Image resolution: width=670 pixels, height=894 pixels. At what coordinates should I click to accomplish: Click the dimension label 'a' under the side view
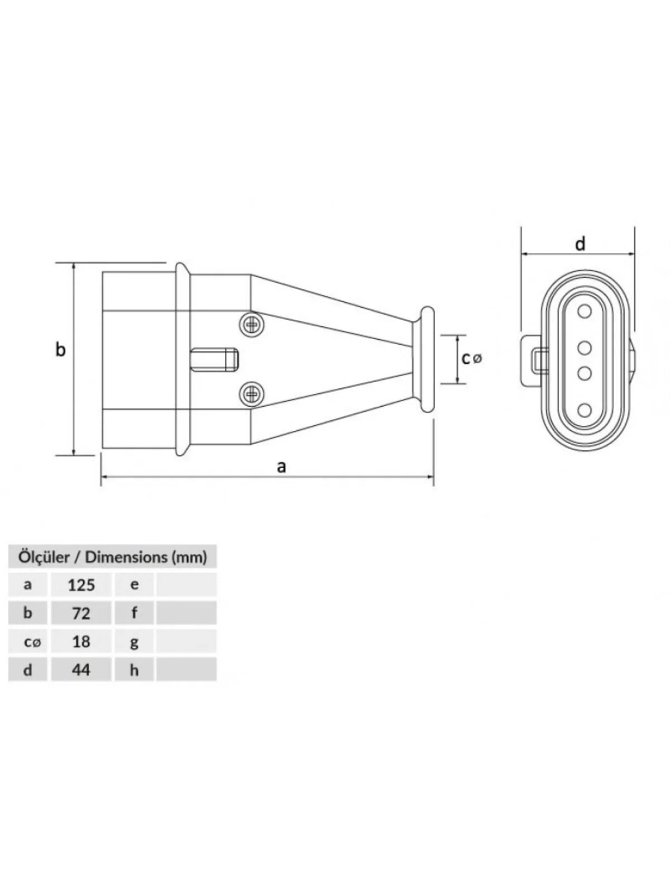click(281, 467)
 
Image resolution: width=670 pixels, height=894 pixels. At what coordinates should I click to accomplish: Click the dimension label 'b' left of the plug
click(60, 349)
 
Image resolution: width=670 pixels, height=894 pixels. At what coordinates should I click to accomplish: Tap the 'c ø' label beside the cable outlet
click(471, 358)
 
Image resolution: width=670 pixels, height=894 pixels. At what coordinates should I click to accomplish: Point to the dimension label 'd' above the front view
click(580, 244)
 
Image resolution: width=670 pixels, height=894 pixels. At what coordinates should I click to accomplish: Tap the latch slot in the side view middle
click(214, 360)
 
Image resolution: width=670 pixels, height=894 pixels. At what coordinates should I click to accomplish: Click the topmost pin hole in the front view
click(584, 312)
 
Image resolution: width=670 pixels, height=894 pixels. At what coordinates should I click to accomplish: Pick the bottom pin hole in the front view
click(584, 410)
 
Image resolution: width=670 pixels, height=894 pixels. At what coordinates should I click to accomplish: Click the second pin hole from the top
click(584, 348)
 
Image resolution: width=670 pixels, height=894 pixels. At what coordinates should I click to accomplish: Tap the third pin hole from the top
click(584, 373)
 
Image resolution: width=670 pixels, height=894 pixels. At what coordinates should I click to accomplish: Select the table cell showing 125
click(81, 585)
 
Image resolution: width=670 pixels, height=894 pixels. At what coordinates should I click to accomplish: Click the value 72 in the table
click(81, 613)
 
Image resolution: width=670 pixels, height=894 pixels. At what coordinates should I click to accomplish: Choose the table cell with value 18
click(81, 641)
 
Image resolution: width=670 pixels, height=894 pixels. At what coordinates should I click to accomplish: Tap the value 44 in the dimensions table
click(81, 669)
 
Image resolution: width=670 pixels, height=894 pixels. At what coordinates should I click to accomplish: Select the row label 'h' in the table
click(134, 669)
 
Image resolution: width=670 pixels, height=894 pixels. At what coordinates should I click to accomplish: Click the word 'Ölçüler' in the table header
click(44, 557)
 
